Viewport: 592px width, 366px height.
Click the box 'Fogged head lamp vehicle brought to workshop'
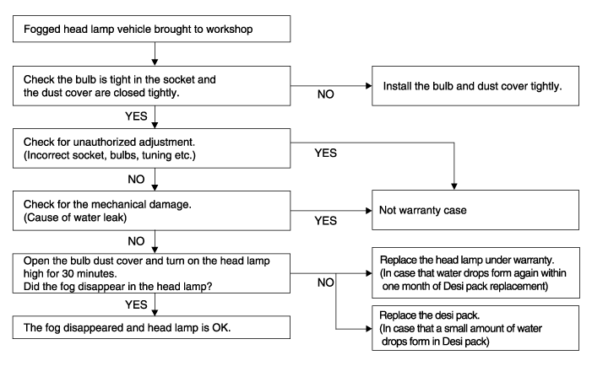151,29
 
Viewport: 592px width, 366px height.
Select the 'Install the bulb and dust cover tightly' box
475,86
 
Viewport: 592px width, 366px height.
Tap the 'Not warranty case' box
475,210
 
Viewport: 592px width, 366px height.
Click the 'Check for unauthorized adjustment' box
151,148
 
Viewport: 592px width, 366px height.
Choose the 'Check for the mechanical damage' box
151,211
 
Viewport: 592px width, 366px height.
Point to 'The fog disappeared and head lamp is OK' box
151,327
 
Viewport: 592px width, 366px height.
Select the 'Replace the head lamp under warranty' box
475,273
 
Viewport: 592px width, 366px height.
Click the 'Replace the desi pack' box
475,328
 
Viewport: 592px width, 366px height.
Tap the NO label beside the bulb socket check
325,94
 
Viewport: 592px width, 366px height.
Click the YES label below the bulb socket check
136,116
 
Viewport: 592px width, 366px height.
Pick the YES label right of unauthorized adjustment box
325,153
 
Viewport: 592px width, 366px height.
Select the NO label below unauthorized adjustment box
136,179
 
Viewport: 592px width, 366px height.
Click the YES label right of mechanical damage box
325,220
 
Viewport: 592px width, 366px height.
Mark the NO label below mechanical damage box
136,241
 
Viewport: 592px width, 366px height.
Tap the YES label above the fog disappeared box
136,304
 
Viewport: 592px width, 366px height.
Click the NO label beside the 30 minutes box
325,283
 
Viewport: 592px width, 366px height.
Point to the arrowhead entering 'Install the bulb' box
369,86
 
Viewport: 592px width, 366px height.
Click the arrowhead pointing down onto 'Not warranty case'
454,186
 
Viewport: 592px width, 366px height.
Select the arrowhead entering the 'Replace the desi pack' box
369,329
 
